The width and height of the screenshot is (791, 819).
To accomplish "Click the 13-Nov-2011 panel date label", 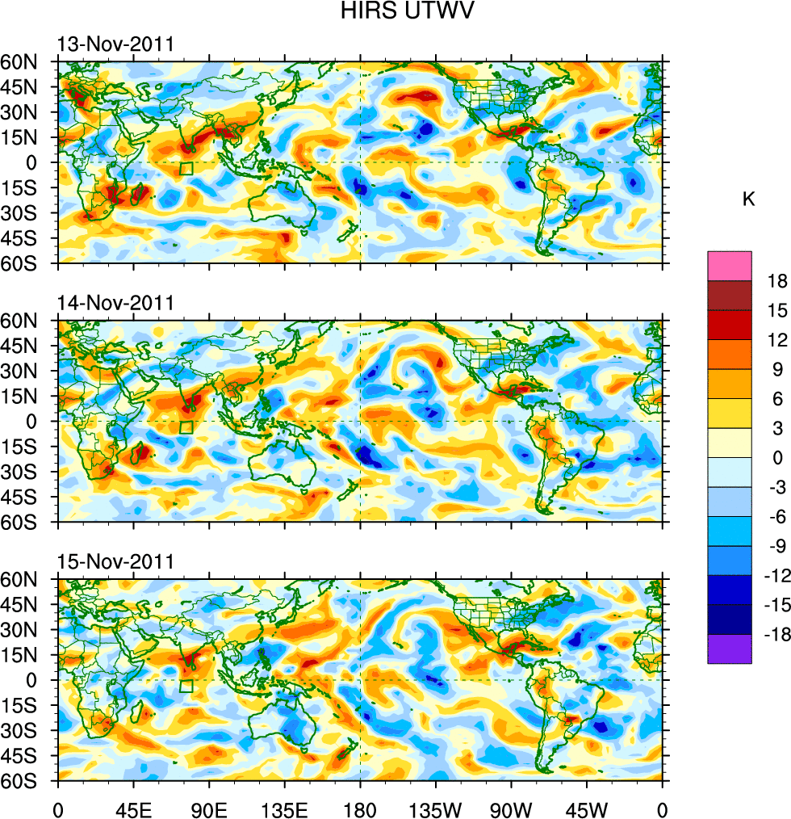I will tap(115, 44).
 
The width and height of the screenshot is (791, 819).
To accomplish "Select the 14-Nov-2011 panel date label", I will tap(115, 304).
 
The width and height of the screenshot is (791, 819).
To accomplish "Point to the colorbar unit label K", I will tap(749, 199).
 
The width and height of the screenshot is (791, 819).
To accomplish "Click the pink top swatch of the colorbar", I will tap(730, 266).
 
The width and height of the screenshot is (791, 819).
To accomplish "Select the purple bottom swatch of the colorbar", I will tap(730, 649).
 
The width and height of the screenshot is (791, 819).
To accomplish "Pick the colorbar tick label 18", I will tap(766, 281).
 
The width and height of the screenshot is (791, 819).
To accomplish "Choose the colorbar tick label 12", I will tap(766, 340).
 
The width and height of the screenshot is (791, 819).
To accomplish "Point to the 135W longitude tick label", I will tap(435, 808).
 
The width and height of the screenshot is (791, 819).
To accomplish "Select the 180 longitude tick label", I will tap(360, 808).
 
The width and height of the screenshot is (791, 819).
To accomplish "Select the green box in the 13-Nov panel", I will tap(186, 168).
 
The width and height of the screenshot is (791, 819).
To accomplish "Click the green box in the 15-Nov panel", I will tap(186, 686).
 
